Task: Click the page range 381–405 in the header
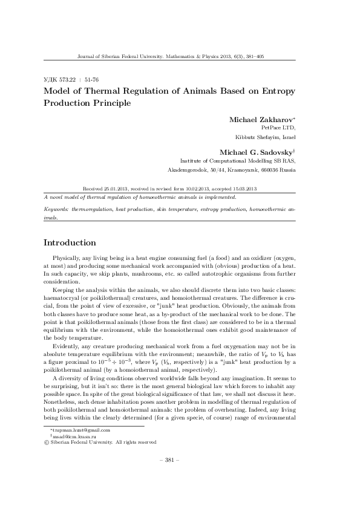pyautogui.click(x=252, y=56)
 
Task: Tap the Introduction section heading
pyautogui.click(x=70, y=243)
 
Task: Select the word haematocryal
pyautogui.click(x=61, y=297)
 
